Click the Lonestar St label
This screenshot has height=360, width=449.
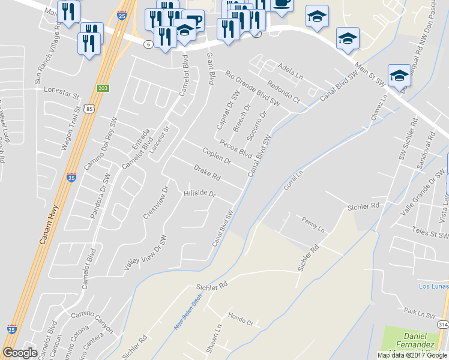coord(62,92)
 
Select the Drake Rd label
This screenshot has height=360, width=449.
coord(207,174)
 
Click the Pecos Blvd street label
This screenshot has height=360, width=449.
coord(235,148)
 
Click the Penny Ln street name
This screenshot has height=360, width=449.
coord(313,225)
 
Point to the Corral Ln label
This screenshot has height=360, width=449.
coord(294,181)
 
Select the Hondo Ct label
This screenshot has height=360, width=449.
coord(240,319)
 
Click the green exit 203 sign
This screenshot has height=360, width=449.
coord(103,88)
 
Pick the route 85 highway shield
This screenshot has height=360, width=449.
coord(89,108)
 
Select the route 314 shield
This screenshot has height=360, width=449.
coord(442,325)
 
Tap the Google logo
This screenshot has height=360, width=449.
coord(20,353)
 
